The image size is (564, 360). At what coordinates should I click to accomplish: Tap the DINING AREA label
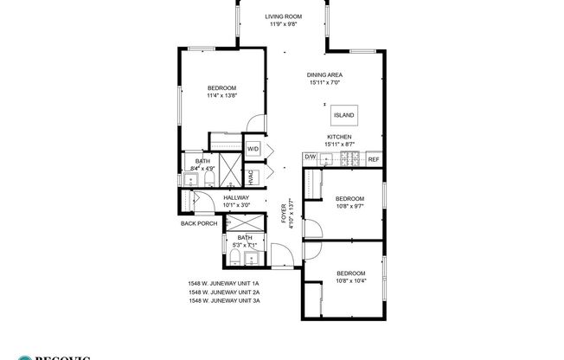tap(324, 75)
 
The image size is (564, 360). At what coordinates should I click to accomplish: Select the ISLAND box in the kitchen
tap(343, 115)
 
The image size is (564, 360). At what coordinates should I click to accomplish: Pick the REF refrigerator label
tap(374, 159)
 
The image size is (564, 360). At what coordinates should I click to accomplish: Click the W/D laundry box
tap(253, 149)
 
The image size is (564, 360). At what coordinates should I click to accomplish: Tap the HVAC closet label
tap(251, 177)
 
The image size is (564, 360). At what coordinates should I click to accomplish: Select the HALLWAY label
tap(236, 197)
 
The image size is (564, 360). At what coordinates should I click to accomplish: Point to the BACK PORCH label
tap(199, 223)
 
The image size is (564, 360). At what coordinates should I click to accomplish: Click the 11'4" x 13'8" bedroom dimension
tap(221, 96)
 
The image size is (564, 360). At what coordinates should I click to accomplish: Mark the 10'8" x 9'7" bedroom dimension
tap(350, 206)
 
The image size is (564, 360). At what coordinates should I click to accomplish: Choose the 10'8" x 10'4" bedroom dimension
tap(351, 280)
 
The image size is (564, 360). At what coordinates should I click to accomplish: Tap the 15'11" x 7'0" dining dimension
tap(324, 83)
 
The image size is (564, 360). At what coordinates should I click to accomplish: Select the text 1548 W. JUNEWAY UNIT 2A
tap(224, 292)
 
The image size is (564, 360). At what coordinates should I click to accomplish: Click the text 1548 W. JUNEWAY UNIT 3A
tap(224, 300)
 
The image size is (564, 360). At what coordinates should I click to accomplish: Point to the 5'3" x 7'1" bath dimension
tap(245, 245)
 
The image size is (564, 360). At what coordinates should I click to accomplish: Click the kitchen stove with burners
tap(349, 158)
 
